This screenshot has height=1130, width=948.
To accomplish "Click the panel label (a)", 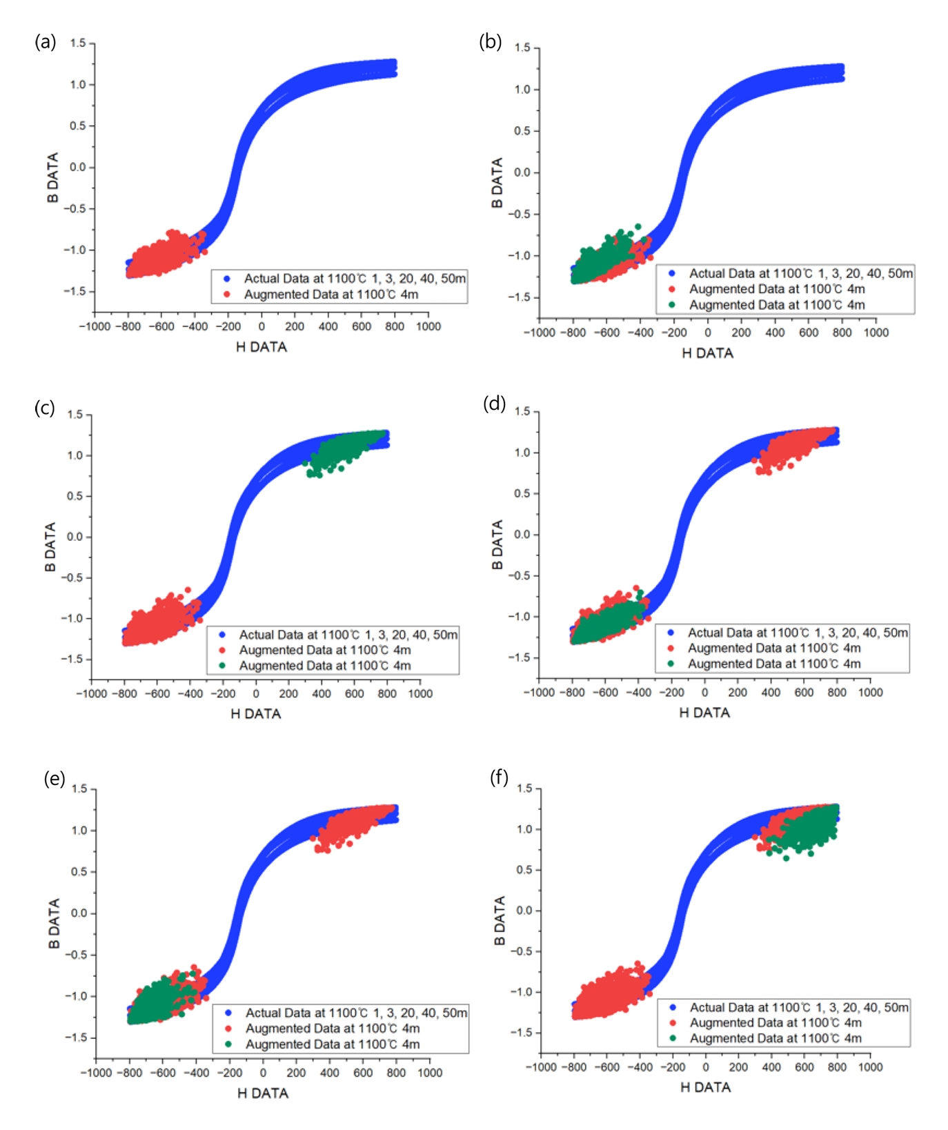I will pos(46,42).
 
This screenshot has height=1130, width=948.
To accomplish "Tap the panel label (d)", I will pos(494,403).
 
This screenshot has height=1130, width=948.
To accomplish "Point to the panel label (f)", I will pos(499,777).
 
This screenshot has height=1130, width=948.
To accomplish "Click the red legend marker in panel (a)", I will pos(227,295).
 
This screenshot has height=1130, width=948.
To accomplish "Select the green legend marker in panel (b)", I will pos(672,305).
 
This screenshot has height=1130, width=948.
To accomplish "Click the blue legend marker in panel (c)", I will pos(222,635).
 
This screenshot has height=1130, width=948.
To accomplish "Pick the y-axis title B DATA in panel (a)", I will pos(52,178).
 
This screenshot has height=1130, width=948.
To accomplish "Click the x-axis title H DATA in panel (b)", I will pos(707,353).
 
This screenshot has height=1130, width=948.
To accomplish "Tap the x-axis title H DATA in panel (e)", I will pos(263,1093).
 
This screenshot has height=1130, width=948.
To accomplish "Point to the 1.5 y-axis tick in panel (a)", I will pos(78,43).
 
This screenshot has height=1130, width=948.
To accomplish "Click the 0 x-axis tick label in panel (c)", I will pos(256,694).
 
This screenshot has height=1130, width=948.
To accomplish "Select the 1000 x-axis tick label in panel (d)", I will pos(870,693).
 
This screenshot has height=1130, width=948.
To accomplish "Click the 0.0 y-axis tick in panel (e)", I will pos(79,913).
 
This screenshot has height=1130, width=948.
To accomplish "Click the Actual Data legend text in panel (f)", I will pos(799,1008).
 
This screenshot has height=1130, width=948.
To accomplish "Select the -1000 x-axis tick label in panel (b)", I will pos(540,333).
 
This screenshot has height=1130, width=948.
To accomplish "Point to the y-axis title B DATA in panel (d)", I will pos(497,545).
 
